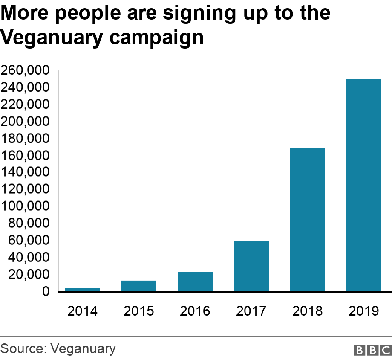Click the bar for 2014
tap(83, 290)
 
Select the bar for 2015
tap(139, 286)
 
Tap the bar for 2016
tap(195, 282)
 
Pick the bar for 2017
tap(251, 267)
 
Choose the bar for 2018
tap(308, 220)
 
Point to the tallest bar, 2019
tap(364, 186)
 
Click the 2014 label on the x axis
tap(83, 311)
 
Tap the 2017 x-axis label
tap(251, 311)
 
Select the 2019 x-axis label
tap(364, 311)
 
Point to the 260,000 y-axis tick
tap(26, 70)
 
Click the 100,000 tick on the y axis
tap(26, 206)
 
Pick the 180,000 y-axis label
tap(26, 139)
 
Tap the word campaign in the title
tap(156, 38)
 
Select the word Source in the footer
tap(22, 349)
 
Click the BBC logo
tap(372, 350)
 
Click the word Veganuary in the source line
tap(83, 349)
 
